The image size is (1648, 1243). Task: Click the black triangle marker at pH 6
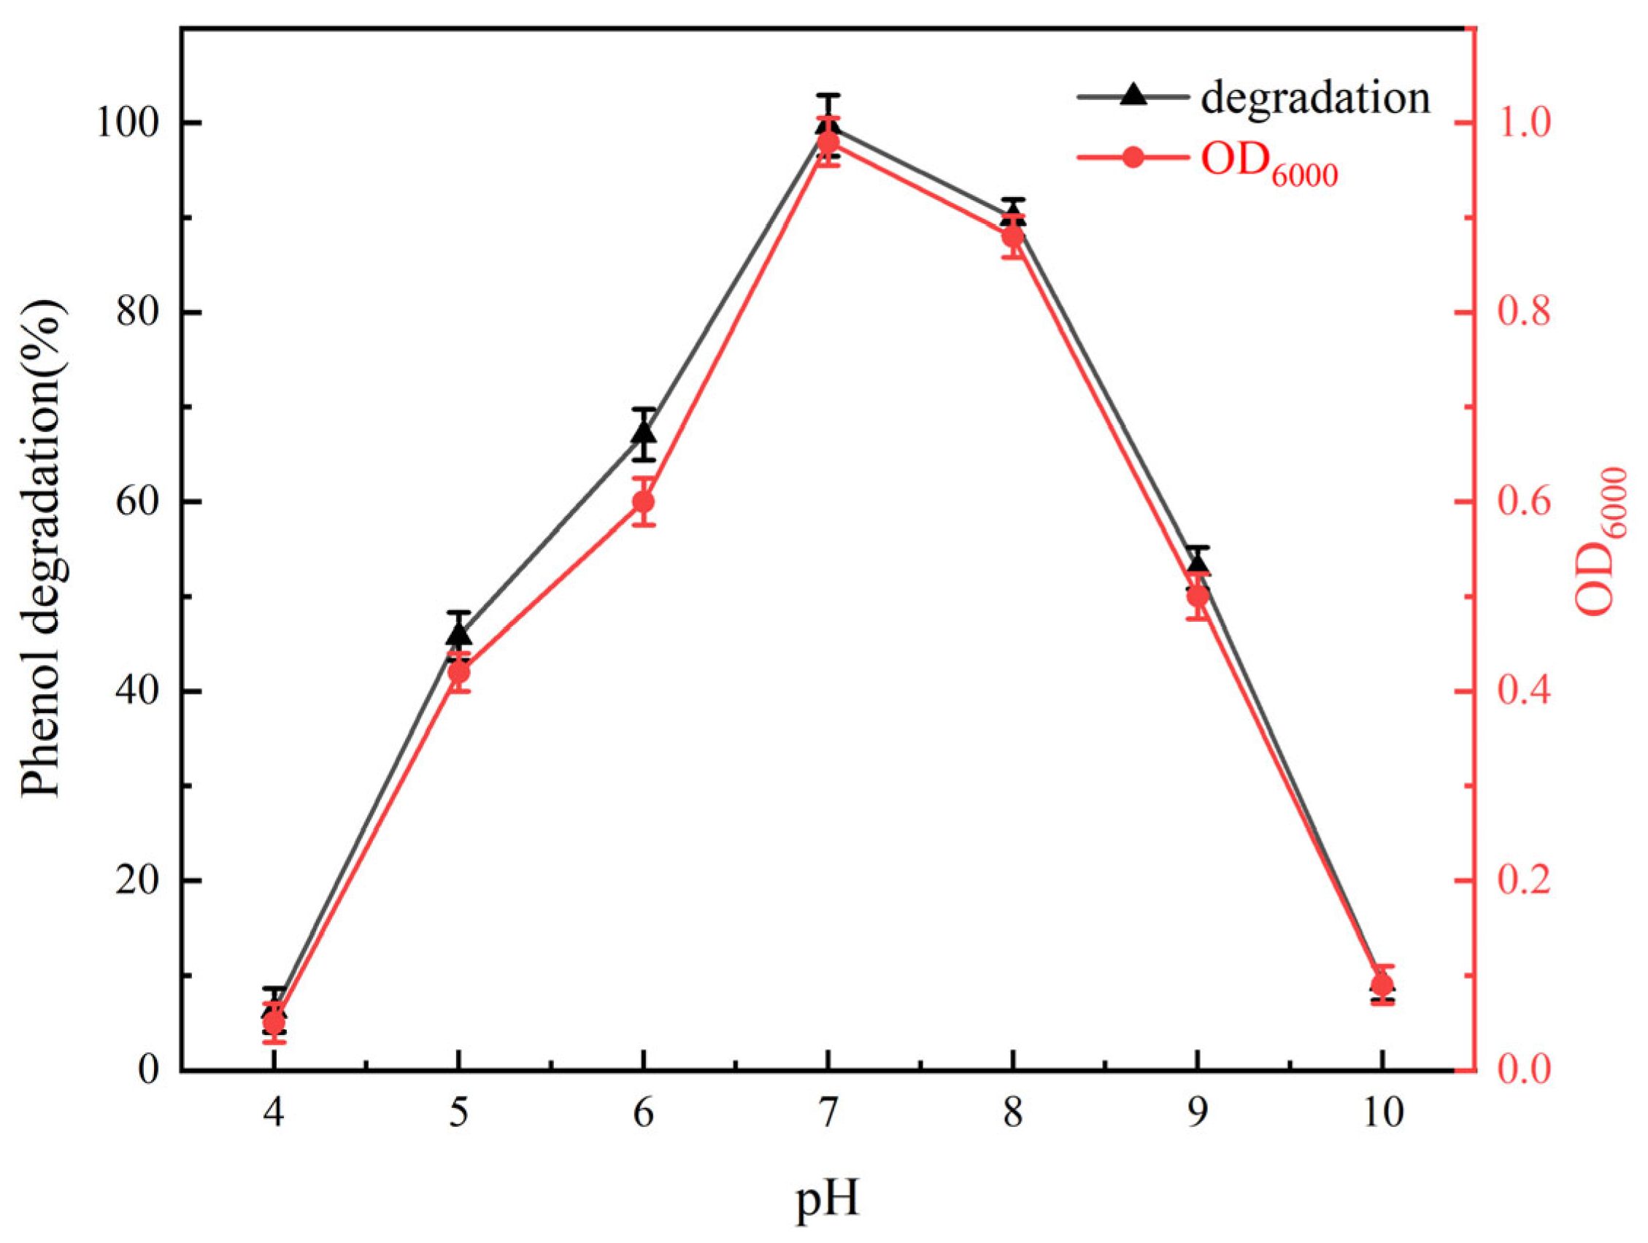(644, 433)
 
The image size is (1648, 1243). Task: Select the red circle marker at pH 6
(644, 501)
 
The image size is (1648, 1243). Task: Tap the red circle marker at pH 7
(828, 142)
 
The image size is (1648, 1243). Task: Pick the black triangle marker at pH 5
(459, 634)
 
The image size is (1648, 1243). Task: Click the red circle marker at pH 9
(1197, 596)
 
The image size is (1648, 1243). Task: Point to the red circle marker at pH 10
(1382, 985)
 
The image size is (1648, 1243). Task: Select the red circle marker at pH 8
(1012, 237)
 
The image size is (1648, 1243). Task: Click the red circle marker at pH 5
(459, 672)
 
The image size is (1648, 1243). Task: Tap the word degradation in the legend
(1315, 98)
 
